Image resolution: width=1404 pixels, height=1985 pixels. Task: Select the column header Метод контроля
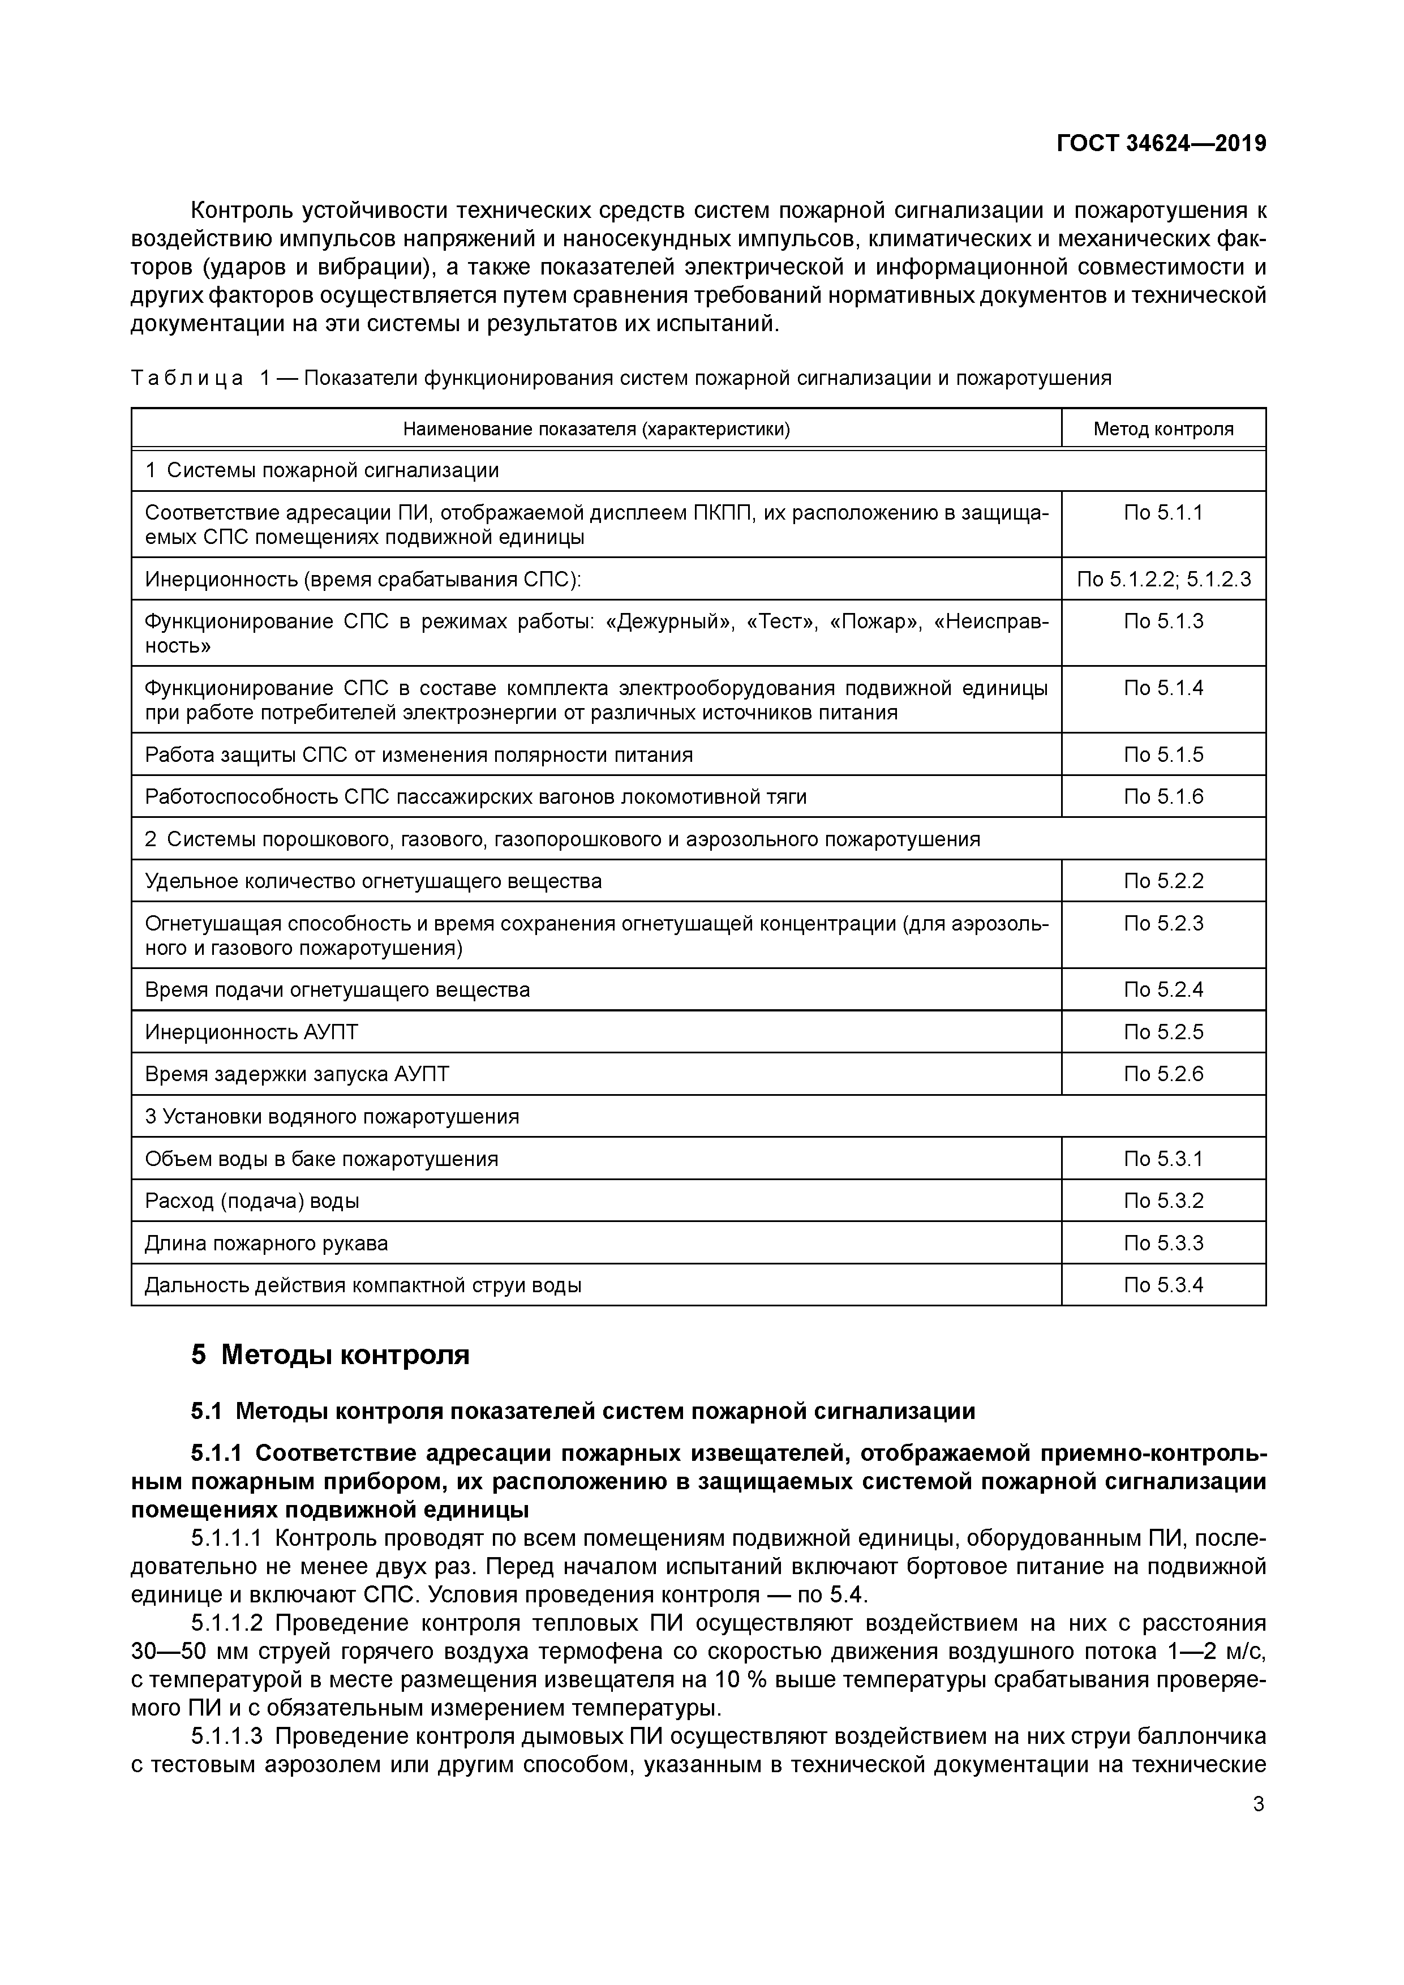(x=1163, y=429)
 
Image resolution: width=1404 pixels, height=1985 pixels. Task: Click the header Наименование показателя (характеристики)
(x=596, y=429)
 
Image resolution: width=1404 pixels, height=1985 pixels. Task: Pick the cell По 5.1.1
(x=1163, y=513)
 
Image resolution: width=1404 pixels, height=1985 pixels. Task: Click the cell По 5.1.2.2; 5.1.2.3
(x=1163, y=579)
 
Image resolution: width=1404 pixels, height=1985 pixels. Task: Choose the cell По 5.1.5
(x=1163, y=754)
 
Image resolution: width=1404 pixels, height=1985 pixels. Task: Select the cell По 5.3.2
(x=1163, y=1201)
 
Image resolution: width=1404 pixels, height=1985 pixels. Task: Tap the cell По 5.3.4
(x=1163, y=1285)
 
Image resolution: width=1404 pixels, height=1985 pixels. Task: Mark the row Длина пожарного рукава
(x=267, y=1243)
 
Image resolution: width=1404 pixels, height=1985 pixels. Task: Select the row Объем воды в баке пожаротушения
(x=321, y=1159)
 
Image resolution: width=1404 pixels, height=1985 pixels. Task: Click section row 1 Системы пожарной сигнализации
(x=323, y=470)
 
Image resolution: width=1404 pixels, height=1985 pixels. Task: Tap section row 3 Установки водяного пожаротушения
(x=332, y=1116)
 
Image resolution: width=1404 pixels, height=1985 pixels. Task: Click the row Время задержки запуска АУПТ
(x=298, y=1074)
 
